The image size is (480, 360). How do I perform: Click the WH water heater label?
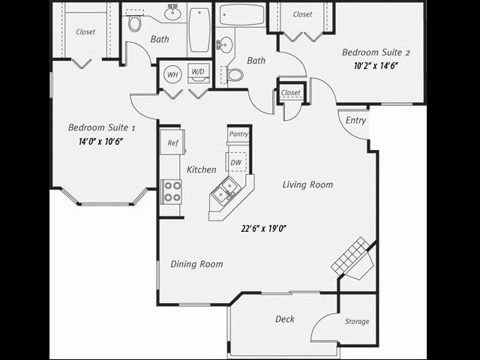click(172, 74)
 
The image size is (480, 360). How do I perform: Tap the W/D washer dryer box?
click(198, 73)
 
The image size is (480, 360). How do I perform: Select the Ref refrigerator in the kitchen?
click(172, 142)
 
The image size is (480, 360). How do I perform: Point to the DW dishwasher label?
click(236, 162)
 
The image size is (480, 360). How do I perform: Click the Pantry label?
click(238, 134)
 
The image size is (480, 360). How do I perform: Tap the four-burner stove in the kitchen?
click(172, 191)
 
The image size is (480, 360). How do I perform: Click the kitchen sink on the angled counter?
click(224, 193)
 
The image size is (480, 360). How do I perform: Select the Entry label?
click(355, 121)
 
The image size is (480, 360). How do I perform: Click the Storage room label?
click(357, 322)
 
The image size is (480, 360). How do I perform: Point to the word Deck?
click(285, 319)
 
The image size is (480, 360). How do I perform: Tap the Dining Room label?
click(196, 264)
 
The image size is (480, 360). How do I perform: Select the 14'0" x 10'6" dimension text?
click(101, 141)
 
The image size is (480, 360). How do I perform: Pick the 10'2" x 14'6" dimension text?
click(375, 66)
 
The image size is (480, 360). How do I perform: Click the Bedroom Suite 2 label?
click(376, 52)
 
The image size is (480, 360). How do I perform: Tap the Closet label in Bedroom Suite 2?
click(302, 14)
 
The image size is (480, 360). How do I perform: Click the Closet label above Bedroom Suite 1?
click(85, 32)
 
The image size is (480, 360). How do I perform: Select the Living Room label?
click(307, 184)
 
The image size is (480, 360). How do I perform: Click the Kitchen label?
click(202, 169)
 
